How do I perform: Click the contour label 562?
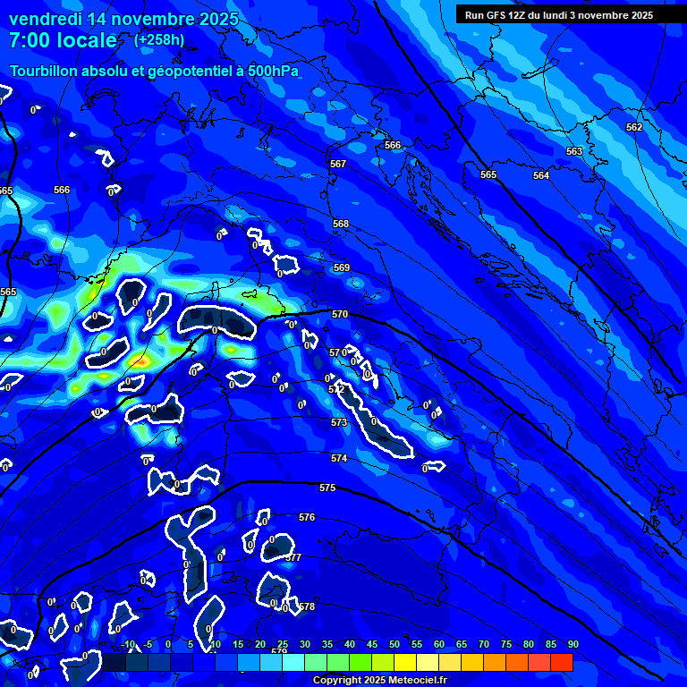634,128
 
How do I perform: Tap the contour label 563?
574,152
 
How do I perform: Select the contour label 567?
337,165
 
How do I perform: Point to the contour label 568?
341,225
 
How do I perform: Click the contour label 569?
342,268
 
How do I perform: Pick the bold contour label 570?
339,315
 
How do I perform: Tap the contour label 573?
339,423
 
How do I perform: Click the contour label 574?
339,459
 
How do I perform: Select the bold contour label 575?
327,488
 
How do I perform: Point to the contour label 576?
307,518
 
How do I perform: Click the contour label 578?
307,607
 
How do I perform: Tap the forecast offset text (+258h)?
159,40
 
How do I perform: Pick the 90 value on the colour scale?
572,645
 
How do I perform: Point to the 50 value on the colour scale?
394,645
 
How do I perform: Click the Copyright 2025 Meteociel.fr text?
379,681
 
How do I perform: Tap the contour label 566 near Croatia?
393,145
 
